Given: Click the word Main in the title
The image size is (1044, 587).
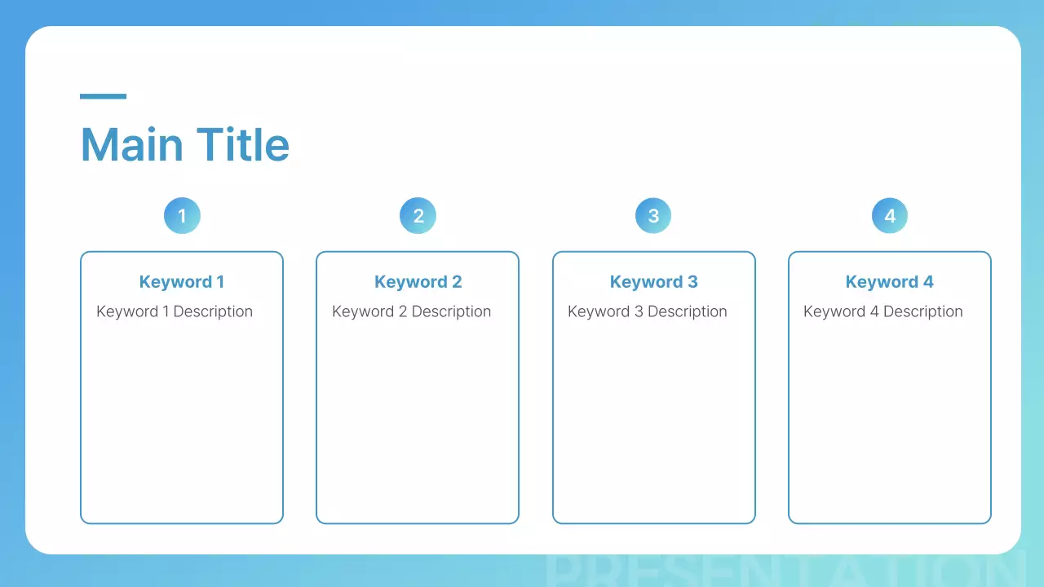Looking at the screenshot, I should [131, 145].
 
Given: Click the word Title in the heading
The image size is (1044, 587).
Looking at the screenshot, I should [243, 145].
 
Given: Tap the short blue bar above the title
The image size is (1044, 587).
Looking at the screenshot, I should [103, 96].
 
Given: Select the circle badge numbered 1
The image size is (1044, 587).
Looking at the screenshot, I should [182, 216].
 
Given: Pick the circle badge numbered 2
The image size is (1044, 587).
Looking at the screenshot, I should [418, 216].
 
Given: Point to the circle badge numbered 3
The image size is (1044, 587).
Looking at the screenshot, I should [653, 216].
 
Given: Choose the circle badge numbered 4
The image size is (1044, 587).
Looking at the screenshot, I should [890, 216].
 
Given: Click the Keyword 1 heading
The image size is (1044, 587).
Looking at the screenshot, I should [182, 282].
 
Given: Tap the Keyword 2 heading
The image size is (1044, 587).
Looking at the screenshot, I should [418, 282].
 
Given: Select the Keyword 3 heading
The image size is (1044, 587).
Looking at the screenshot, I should [653, 282].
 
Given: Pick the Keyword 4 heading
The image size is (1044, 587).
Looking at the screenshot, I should [890, 282].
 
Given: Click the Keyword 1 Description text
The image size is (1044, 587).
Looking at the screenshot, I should [175, 311].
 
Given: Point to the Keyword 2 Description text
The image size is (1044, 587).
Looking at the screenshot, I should [411, 311].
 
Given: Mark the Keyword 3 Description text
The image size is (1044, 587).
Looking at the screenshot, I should [647, 311].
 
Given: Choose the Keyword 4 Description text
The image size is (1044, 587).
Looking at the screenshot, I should [883, 311].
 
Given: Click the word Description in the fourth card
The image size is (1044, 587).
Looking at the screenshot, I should [922, 311].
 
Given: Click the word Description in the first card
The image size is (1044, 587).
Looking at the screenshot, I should [213, 311].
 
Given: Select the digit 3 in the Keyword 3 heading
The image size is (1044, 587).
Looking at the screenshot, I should [692, 282].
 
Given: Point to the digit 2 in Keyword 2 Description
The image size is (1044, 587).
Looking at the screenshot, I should [403, 311].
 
